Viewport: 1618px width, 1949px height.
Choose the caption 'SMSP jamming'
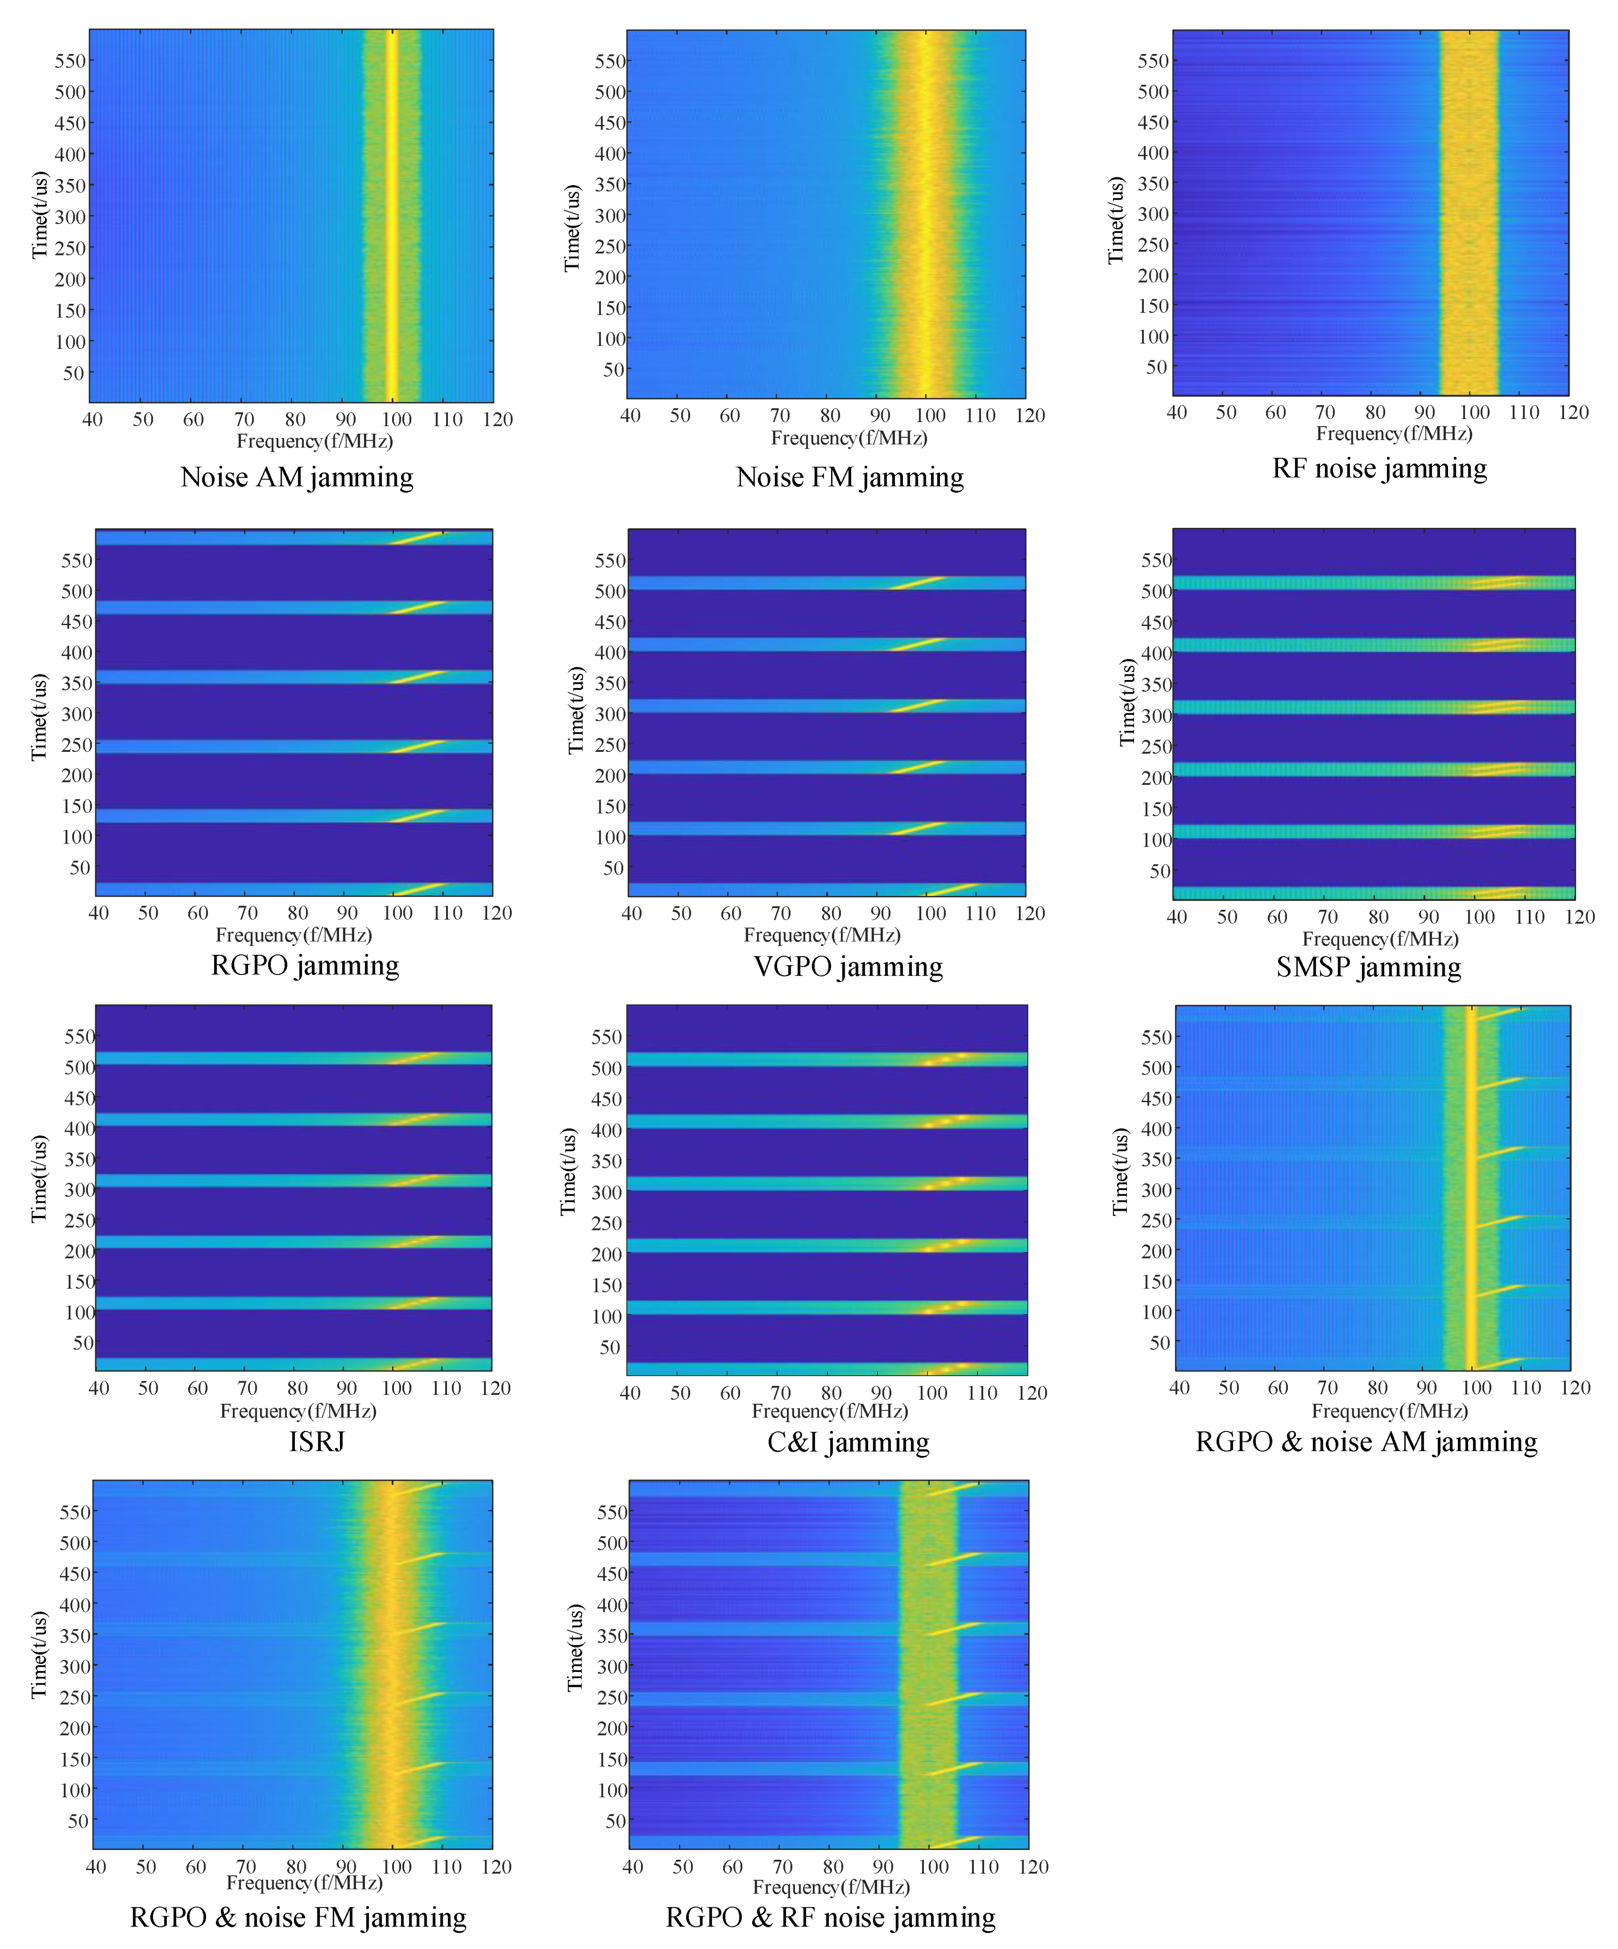pos(1368,967)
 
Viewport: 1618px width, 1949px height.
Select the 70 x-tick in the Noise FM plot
pos(780,416)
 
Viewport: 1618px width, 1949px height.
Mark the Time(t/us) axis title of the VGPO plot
pos(576,710)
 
